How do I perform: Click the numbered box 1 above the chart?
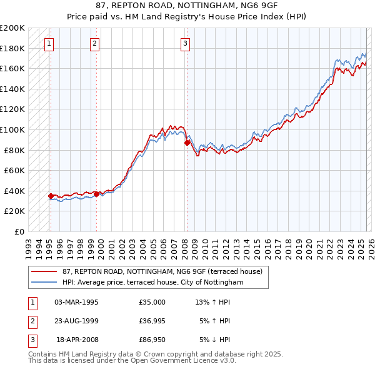coord(49,43)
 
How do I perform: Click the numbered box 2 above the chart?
coord(94,43)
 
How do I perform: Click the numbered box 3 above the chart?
coord(186,43)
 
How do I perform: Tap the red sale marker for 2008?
coord(187,143)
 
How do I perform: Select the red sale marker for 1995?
coord(51,196)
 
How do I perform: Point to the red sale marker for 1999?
coord(97,194)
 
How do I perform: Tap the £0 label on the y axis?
coord(19,231)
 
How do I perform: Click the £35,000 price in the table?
coord(152,302)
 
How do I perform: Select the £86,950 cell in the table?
coord(152,340)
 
